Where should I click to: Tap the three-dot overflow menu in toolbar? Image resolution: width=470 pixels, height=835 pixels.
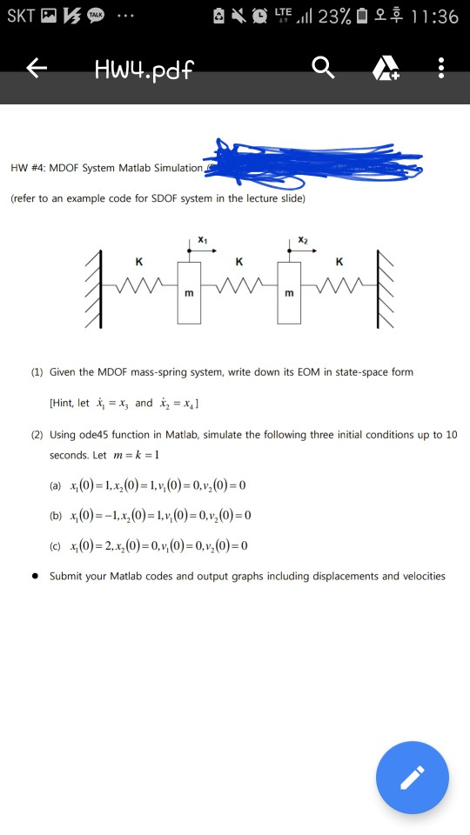click(441, 67)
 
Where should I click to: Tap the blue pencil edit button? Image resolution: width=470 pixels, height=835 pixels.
click(413, 777)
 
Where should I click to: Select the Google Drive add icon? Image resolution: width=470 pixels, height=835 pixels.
click(384, 68)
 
